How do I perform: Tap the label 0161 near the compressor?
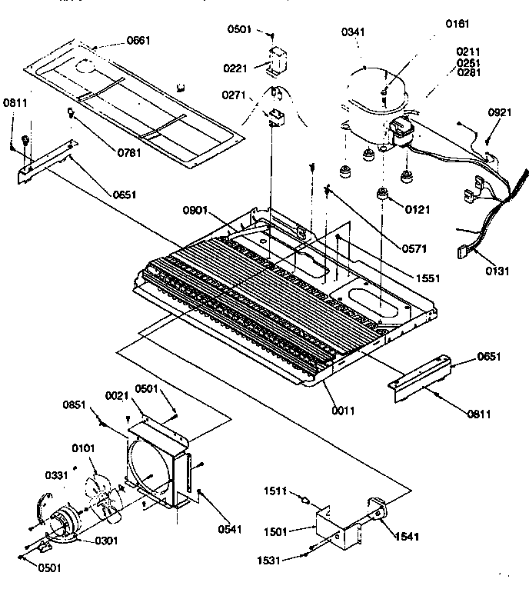(x=457, y=24)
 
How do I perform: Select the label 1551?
(x=428, y=278)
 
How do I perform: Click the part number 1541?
(x=408, y=536)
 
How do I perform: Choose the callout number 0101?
(x=82, y=448)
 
